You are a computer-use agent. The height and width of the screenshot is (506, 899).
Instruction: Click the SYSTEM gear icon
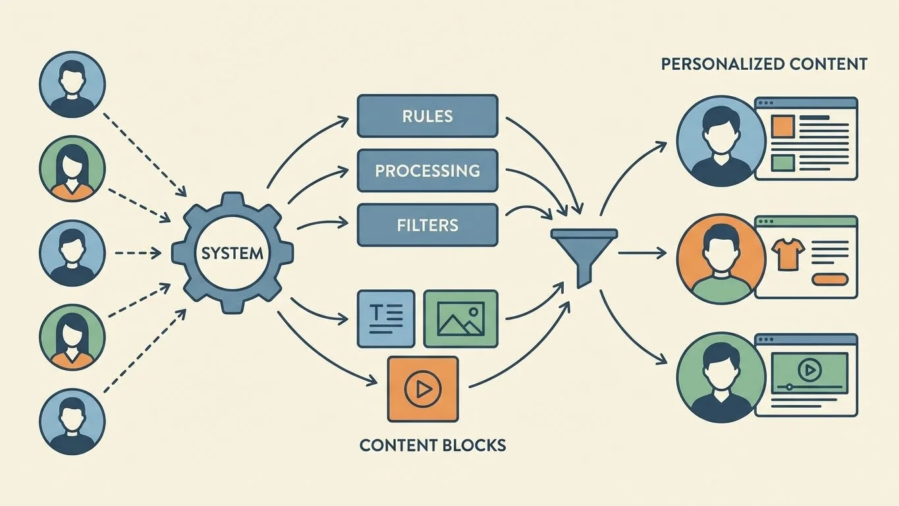click(x=232, y=253)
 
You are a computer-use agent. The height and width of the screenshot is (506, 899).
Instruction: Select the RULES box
click(x=427, y=116)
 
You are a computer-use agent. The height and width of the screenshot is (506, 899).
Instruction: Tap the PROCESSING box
click(x=427, y=171)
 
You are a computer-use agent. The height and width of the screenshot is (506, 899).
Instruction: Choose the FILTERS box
click(x=427, y=225)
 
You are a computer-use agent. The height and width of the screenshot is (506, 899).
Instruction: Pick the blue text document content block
click(x=385, y=319)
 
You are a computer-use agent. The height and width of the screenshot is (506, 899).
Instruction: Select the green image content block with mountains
click(x=460, y=319)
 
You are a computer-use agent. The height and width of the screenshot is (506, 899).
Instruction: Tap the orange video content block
click(x=422, y=389)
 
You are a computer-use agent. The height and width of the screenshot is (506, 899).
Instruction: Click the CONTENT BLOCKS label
click(x=433, y=445)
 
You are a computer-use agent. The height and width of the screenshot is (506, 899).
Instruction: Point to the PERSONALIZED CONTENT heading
click(x=764, y=65)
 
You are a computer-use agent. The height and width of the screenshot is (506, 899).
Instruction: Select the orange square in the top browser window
click(x=782, y=126)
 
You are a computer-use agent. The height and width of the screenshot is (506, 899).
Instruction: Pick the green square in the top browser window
click(x=782, y=162)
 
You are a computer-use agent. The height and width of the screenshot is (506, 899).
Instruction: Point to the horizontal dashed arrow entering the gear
click(x=138, y=252)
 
